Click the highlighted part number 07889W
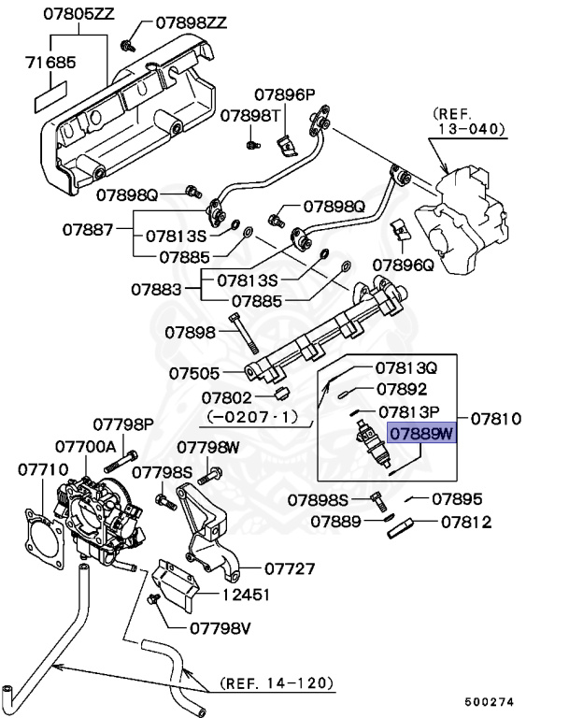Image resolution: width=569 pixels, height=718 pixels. tap(420, 434)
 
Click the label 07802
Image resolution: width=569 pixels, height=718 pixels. tap(225, 397)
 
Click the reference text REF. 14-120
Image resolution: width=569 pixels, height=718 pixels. tap(276, 683)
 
